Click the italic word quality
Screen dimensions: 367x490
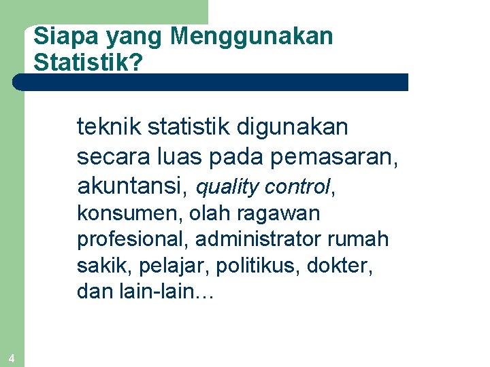pos(228,186)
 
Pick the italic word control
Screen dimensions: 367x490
pos(298,186)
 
